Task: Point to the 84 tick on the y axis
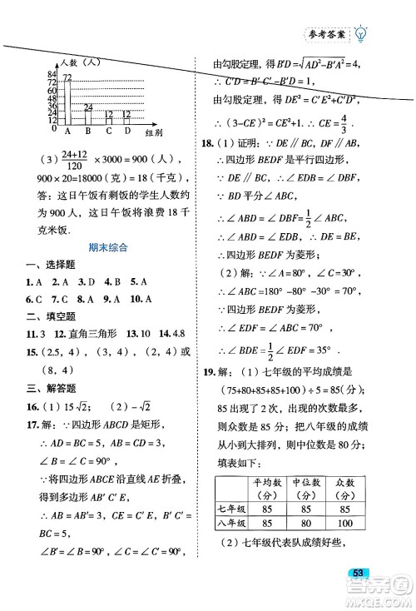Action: click(x=51, y=76)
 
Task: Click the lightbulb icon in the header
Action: click(x=360, y=34)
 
